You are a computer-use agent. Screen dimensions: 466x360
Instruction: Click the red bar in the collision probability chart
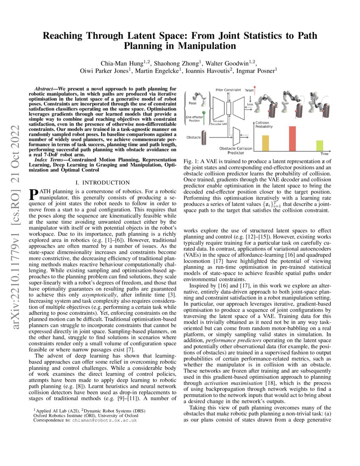pyautogui.click(x=292, y=139)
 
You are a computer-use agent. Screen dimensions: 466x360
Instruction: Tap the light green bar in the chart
pyautogui.click(x=319, y=146)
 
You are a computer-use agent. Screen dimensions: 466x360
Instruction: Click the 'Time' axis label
pyautogui.click(x=324, y=154)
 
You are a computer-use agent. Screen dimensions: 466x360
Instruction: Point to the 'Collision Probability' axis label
pyautogui.click(x=263, y=124)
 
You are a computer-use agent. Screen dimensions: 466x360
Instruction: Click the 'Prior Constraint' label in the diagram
pyautogui.click(x=228, y=90)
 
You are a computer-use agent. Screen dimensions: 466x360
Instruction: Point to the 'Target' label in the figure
pyautogui.click(x=250, y=90)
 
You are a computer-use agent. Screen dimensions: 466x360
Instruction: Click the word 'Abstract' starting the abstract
pyautogui.click(x=46, y=90)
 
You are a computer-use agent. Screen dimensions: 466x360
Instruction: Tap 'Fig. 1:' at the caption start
pyautogui.click(x=191, y=162)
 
